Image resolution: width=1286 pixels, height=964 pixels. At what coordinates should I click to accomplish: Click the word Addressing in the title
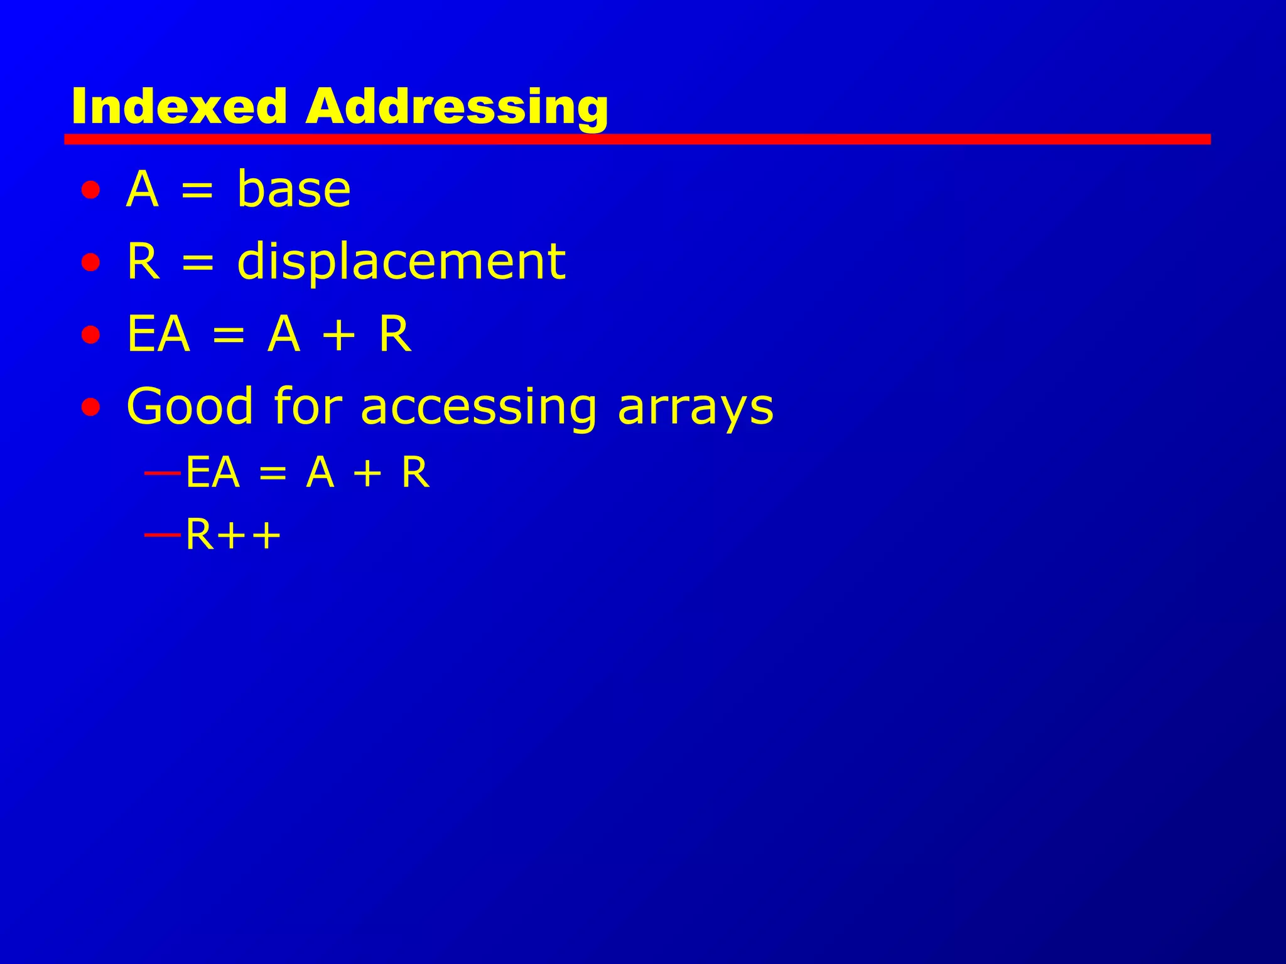(457, 107)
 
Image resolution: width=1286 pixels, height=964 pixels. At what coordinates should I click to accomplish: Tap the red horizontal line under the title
(637, 139)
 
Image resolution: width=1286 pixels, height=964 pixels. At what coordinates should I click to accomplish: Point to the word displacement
(401, 262)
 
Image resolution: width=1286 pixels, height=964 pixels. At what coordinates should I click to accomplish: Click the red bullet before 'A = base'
(90, 190)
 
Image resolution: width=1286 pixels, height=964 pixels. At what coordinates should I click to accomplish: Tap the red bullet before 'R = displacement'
(90, 262)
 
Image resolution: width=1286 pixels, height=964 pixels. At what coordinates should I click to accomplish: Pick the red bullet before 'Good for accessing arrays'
(90, 407)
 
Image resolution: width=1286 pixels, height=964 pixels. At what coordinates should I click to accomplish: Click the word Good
(190, 407)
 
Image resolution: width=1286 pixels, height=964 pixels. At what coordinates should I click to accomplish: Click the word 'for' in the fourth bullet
(308, 407)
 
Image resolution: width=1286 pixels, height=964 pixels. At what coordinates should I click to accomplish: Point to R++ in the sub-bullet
(233, 535)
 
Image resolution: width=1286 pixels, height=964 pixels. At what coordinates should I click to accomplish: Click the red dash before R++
(162, 535)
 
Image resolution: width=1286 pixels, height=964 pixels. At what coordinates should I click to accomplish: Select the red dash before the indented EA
(162, 472)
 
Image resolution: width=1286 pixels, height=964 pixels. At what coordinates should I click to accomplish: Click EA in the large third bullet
(158, 335)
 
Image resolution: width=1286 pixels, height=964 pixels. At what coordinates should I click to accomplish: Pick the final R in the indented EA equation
(415, 472)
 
